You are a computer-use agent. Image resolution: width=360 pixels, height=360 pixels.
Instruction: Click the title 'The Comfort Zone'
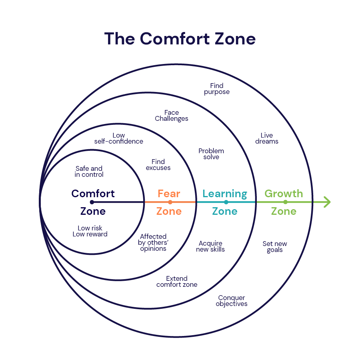tap(180, 38)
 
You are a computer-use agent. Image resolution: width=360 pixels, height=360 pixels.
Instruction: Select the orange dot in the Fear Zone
tap(170, 202)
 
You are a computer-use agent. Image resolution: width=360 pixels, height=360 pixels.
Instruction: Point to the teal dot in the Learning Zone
tap(226, 202)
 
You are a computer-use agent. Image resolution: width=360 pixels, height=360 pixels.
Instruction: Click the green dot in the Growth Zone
tap(285, 202)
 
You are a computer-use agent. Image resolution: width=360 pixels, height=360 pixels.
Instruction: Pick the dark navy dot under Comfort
tap(92, 202)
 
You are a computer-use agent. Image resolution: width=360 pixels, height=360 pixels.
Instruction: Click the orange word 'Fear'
tap(169, 194)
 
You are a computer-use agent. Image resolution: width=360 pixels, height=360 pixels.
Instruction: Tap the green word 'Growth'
tap(284, 194)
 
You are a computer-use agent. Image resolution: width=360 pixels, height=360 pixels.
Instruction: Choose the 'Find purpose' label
tap(217, 89)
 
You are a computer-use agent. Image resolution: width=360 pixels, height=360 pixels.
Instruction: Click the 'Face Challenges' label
tap(172, 116)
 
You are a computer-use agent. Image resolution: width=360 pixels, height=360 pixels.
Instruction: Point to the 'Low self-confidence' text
tap(119, 138)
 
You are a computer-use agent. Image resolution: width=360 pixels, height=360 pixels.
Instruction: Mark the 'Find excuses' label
tap(158, 165)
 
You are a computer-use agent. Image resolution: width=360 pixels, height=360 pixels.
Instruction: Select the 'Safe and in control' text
tap(89, 172)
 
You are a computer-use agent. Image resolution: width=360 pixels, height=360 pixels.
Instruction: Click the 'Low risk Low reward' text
tap(90, 231)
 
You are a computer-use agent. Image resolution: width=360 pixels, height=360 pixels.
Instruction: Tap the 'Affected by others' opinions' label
tap(153, 243)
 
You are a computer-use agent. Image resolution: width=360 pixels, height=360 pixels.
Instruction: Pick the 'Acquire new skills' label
tap(210, 246)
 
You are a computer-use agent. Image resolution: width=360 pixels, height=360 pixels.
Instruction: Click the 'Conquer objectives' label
tap(232, 301)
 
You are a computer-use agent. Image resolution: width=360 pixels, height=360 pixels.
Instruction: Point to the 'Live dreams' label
tap(267, 138)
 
